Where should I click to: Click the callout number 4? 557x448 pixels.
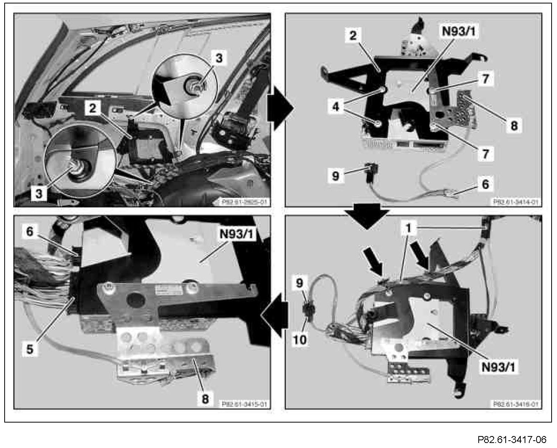tap(336, 107)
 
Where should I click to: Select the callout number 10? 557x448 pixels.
tap(300, 339)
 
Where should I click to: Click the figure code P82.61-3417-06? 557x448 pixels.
tap(512, 440)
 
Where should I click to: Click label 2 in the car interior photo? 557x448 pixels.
tap(93, 108)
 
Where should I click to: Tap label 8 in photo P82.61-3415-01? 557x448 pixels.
tap(205, 399)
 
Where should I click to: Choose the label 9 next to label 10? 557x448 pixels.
tap(300, 283)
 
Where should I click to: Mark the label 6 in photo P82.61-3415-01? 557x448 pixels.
tap(30, 231)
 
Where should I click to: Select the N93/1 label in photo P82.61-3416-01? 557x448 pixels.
tap(498, 367)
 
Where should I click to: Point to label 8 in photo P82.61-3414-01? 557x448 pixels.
tap(514, 125)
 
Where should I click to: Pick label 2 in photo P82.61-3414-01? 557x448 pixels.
tap(353, 35)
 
